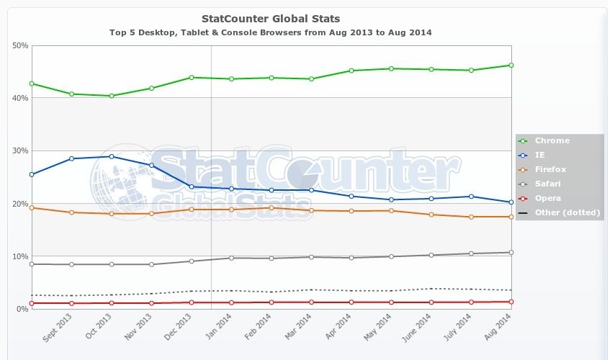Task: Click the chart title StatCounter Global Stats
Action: tap(271, 18)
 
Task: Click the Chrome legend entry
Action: tap(552, 140)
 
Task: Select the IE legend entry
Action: tap(541, 155)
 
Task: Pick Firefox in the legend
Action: tap(550, 169)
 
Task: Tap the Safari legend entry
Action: tap(547, 184)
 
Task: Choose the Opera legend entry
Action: tap(547, 198)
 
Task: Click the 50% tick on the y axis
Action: tap(20, 45)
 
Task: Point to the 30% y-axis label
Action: tap(20, 150)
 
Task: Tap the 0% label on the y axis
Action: tap(22, 309)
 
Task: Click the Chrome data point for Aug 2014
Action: tap(511, 65)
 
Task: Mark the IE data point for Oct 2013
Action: tap(111, 156)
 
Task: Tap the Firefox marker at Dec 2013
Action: tap(191, 210)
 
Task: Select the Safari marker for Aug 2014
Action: tap(511, 252)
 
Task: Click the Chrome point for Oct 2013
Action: tap(111, 96)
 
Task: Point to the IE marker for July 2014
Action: tap(471, 196)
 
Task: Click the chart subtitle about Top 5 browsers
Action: tap(271, 32)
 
